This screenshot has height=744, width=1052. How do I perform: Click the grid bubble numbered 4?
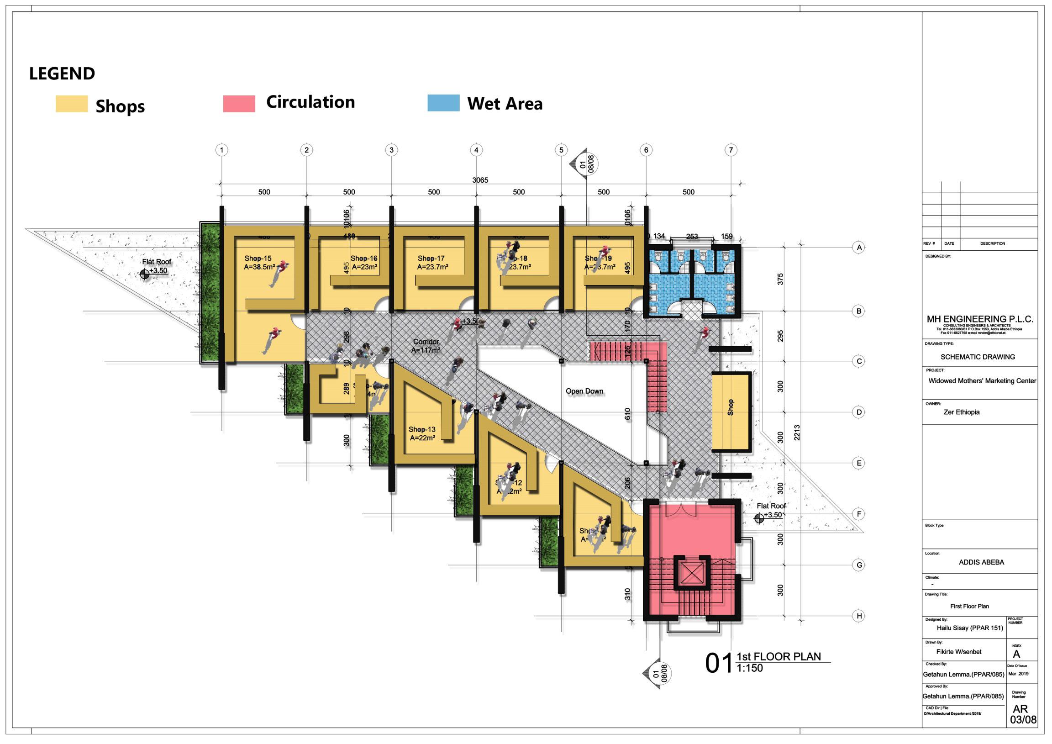pyautogui.click(x=476, y=150)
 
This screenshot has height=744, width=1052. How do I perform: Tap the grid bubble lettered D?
pyautogui.click(x=859, y=412)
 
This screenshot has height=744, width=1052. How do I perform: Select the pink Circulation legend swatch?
pyautogui.click(x=239, y=104)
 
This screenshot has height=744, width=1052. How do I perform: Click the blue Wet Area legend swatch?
pyautogui.click(x=443, y=103)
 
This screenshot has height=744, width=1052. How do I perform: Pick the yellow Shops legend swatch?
pyautogui.click(x=72, y=104)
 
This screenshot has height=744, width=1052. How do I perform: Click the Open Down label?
pyautogui.click(x=584, y=391)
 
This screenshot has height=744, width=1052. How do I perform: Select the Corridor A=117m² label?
pyautogui.click(x=426, y=346)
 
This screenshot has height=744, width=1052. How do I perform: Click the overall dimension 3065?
pyautogui.click(x=480, y=180)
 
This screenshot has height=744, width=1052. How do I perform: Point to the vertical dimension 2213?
pyautogui.click(x=797, y=433)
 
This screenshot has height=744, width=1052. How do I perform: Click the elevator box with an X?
pyautogui.click(x=691, y=573)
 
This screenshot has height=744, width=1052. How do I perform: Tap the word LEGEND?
pyautogui.click(x=62, y=74)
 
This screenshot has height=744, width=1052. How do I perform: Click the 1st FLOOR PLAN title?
pyautogui.click(x=778, y=656)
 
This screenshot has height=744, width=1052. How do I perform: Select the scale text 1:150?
pyautogui.click(x=750, y=668)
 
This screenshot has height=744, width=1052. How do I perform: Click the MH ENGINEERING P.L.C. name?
pyautogui.click(x=979, y=319)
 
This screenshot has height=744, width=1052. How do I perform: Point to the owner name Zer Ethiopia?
pyautogui.click(x=961, y=412)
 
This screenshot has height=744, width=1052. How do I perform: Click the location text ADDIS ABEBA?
pyautogui.click(x=981, y=562)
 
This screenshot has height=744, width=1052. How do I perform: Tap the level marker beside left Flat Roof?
pyautogui.click(x=145, y=274)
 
